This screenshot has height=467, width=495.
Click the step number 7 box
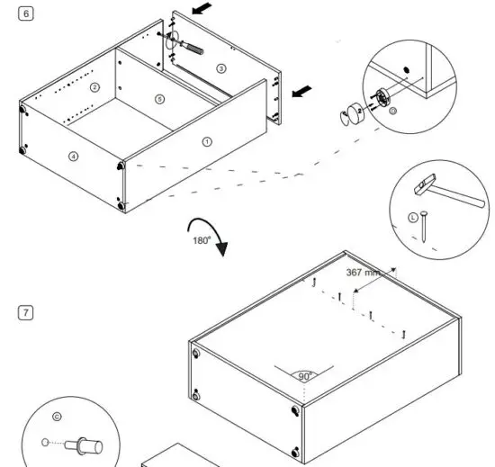tap(26, 312)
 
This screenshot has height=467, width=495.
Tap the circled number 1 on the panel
tap(208, 141)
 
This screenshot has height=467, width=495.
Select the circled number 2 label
tap(94, 87)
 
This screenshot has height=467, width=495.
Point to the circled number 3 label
tap(221, 68)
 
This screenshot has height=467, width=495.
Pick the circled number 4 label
tap(74, 156)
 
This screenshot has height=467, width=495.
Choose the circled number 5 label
tap(159, 98)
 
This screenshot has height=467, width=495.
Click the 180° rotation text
tap(200, 240)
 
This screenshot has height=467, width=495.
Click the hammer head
tap(422, 184)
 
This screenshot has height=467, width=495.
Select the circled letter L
tap(413, 216)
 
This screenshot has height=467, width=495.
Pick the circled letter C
tap(58, 417)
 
